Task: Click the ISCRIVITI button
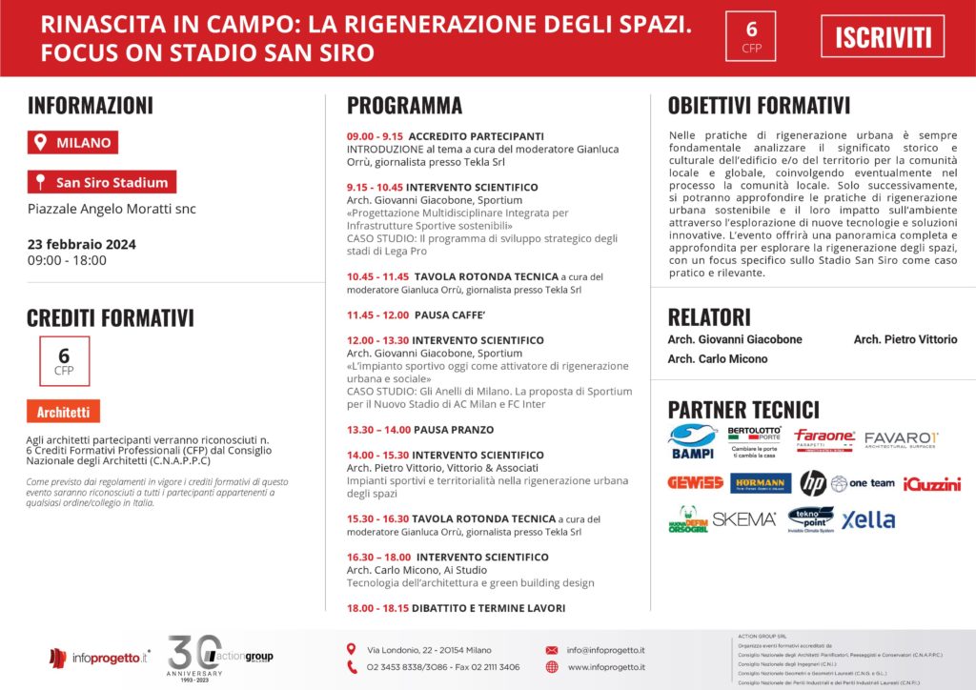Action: point(883,37)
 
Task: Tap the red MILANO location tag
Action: point(73,143)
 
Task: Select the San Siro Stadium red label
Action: point(102,182)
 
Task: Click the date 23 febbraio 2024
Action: point(82,244)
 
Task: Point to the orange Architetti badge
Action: point(63,412)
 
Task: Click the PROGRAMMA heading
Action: point(404,106)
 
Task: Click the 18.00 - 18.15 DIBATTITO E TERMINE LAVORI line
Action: point(456,608)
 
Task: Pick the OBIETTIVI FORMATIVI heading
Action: point(759,106)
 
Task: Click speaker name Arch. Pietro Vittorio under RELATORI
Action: point(905,339)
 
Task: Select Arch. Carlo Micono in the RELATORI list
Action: point(717,359)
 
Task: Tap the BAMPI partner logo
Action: point(693,441)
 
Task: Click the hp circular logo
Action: point(812,483)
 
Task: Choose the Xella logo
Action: point(868,519)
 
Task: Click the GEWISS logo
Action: point(694,483)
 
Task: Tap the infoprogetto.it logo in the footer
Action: point(100,657)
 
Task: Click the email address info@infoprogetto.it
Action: point(605,650)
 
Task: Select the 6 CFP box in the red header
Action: point(752,36)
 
